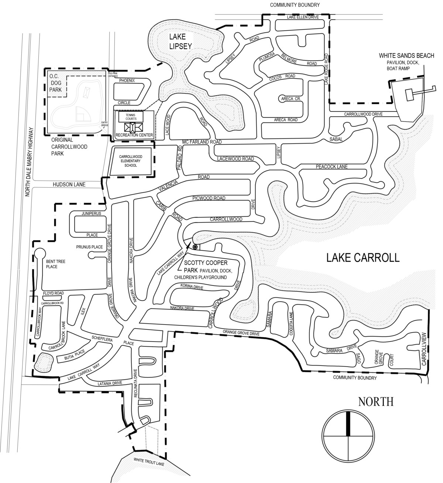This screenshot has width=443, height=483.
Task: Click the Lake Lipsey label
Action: click(x=181, y=41)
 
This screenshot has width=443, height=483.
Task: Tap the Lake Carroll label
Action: click(x=363, y=257)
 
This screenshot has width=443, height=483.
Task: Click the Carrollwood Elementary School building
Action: click(x=131, y=161)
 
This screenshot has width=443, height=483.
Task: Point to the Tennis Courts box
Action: click(x=131, y=117)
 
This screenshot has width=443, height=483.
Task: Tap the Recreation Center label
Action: click(x=134, y=136)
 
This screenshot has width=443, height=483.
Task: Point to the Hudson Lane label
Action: click(x=69, y=184)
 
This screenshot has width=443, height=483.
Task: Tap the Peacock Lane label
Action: click(x=332, y=167)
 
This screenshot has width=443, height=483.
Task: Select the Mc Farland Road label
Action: click(x=202, y=142)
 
